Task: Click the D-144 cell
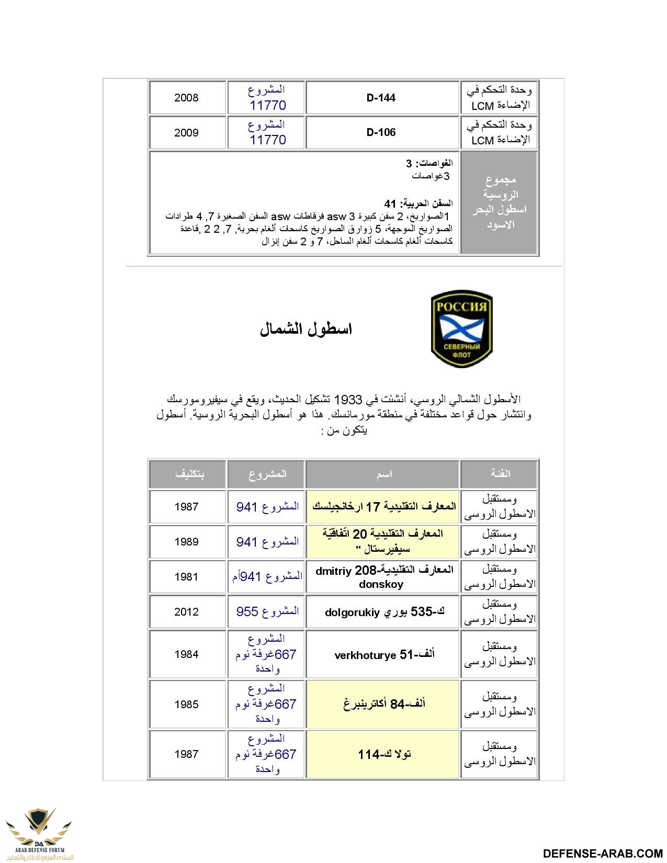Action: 381,98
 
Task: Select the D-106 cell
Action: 381,132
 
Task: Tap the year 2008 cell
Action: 186,98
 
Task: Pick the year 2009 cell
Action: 186,133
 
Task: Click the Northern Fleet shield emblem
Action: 461,328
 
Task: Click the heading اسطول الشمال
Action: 306,329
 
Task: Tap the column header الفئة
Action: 500,474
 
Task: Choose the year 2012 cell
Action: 186,612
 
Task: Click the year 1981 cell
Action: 186,577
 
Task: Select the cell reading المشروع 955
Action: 267,611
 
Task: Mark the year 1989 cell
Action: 186,542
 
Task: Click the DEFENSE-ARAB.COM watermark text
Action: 603,854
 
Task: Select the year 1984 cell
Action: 186,654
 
